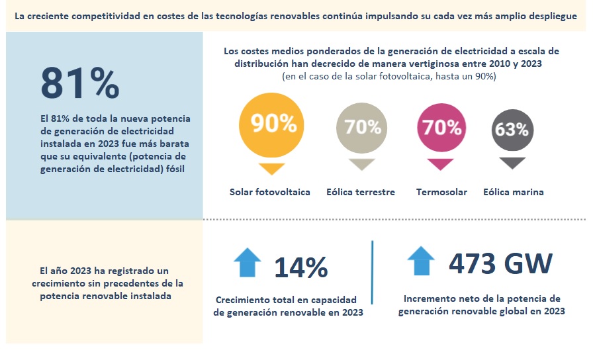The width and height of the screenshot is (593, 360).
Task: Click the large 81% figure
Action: coord(80,83)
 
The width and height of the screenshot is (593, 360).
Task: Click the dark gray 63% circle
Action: coord(512,129)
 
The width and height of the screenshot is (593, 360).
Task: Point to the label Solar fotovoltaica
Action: coord(269,192)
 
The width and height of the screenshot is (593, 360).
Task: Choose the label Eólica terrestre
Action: coord(361,192)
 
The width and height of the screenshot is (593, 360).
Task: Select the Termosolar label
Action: coord(441,192)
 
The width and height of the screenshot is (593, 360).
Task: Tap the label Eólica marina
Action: coord(513,192)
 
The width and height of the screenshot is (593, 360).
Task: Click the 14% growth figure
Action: coord(301,267)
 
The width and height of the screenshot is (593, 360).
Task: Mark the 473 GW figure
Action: coord(500,263)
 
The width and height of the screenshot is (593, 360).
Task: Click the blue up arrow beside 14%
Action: coord(248,262)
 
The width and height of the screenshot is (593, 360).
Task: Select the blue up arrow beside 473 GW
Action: coord(421,261)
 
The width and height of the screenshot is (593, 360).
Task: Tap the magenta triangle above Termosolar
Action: coord(440,164)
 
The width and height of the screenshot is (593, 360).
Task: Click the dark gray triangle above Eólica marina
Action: coord(512,163)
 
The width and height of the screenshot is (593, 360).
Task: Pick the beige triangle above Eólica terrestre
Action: coord(361,164)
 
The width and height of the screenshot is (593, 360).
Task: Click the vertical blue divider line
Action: coord(372,272)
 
